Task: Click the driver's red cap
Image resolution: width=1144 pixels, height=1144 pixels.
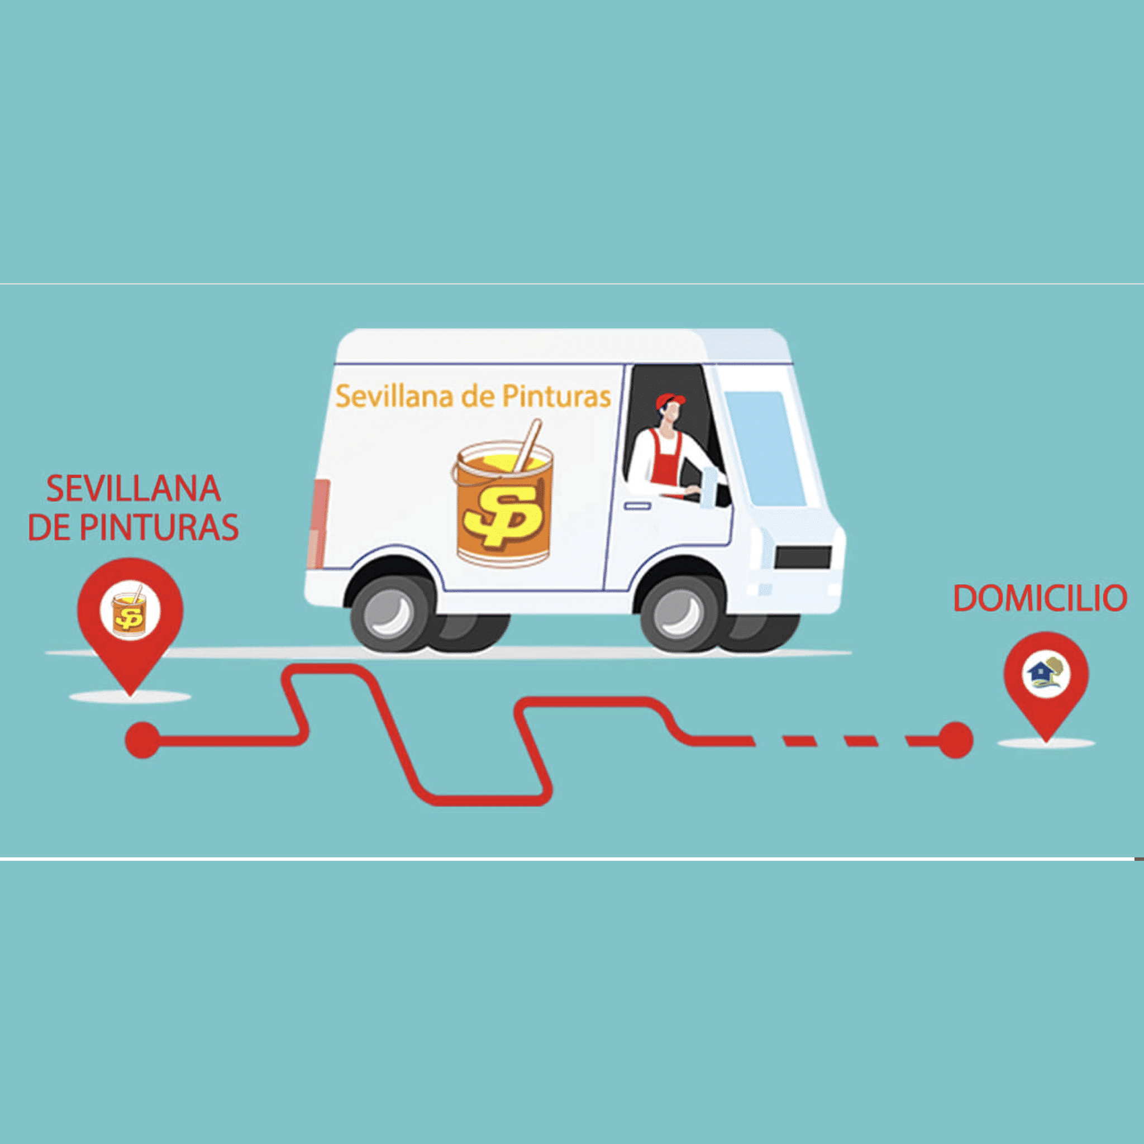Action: (670, 401)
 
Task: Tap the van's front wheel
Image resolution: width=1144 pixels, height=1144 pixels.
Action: (680, 613)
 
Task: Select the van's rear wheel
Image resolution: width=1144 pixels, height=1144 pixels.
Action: (391, 613)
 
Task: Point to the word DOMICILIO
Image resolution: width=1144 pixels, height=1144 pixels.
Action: (1040, 598)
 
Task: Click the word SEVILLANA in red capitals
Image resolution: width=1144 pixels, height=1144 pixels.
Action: (134, 489)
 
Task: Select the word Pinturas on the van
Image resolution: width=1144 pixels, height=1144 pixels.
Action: (556, 396)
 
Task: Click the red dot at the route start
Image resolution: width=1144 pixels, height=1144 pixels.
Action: (142, 740)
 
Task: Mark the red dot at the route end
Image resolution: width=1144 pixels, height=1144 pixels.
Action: (955, 740)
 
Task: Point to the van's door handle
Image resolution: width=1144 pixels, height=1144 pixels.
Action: (638, 506)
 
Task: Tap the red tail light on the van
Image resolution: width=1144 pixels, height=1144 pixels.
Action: (320, 523)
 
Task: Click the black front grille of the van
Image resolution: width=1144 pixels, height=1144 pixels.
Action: (803, 557)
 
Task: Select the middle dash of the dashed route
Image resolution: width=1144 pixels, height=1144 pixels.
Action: (860, 740)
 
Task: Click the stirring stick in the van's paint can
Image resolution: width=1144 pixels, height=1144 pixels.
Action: (527, 445)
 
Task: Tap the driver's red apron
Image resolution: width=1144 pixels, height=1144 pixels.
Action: (667, 456)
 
